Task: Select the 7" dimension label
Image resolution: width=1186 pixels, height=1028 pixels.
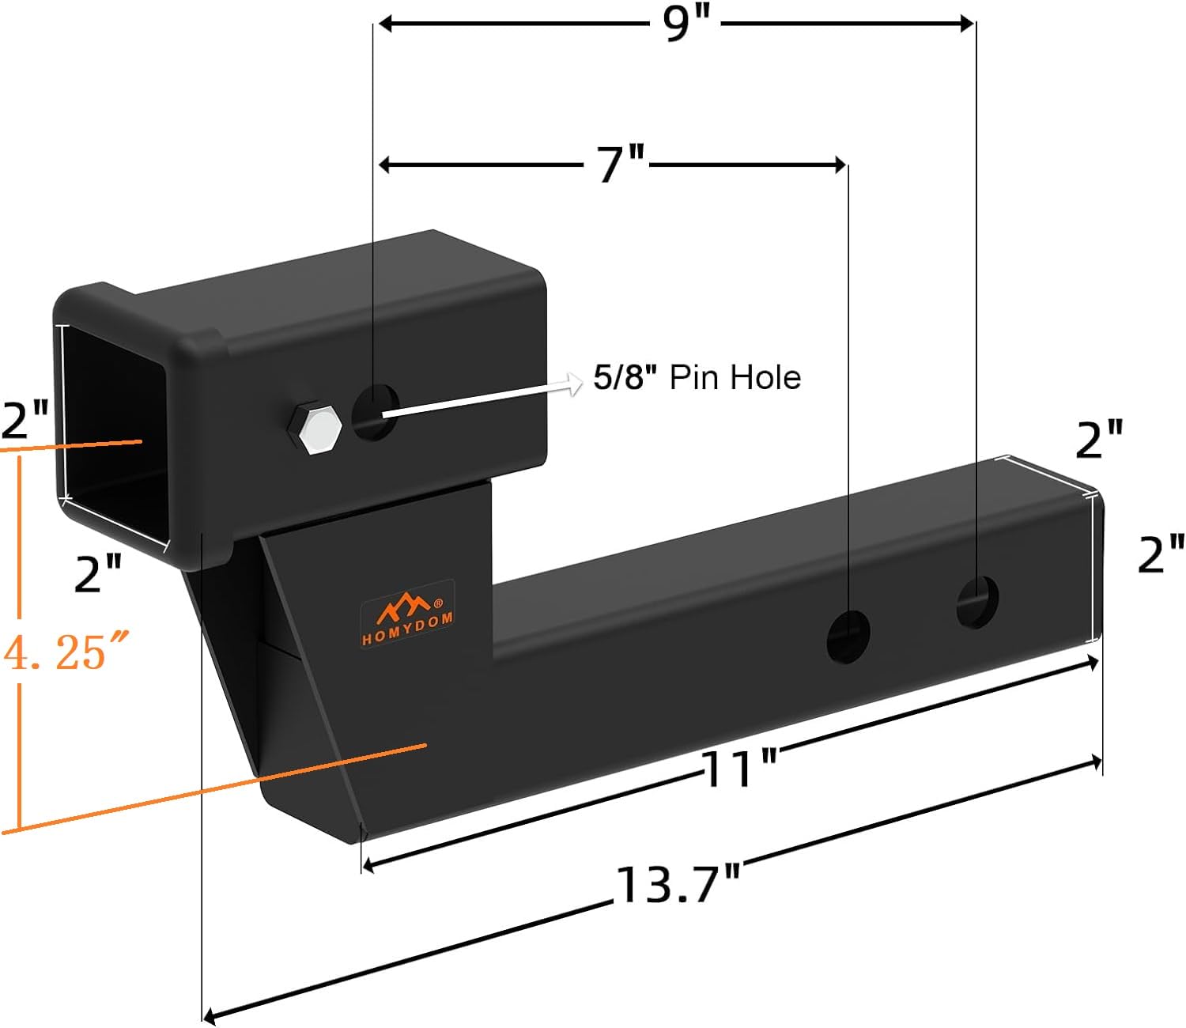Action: (622, 165)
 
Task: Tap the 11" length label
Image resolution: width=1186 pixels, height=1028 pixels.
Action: (740, 769)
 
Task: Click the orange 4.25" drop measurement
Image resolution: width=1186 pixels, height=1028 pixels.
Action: (65, 653)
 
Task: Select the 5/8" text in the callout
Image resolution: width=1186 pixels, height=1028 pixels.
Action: (625, 378)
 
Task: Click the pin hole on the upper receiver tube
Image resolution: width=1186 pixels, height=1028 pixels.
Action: (376, 413)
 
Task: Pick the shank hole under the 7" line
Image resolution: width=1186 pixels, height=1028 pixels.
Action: (848, 637)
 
